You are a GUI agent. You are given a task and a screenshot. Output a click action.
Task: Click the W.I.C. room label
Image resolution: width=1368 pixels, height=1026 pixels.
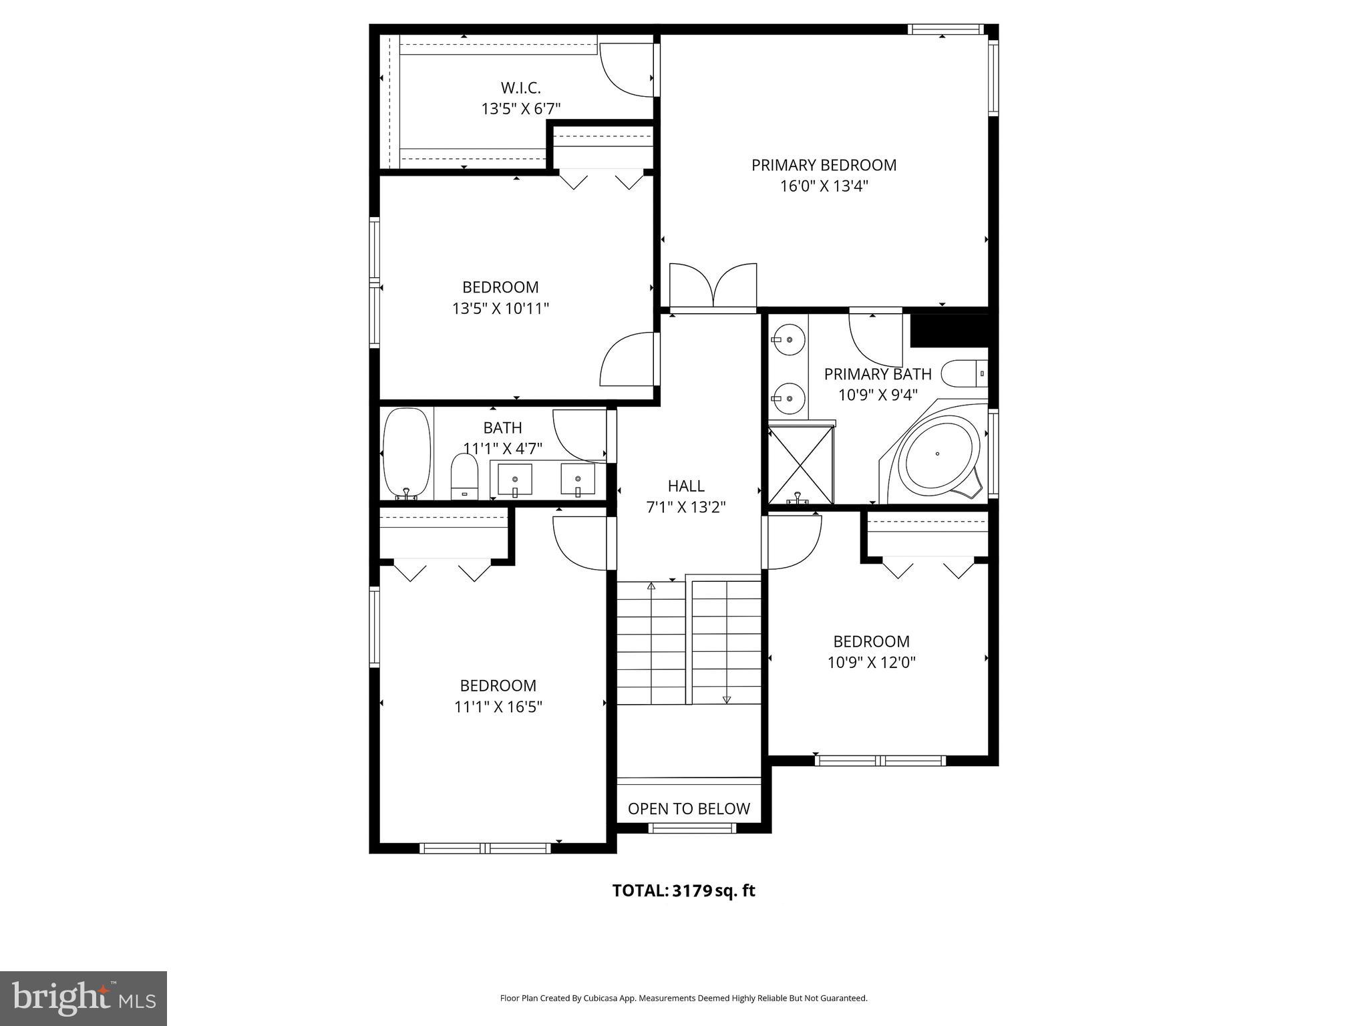click(520, 88)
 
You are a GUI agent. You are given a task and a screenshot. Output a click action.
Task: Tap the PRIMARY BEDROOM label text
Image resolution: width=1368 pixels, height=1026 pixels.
click(824, 165)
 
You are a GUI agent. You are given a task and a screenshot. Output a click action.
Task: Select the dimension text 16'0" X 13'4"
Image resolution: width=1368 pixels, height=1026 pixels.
click(824, 186)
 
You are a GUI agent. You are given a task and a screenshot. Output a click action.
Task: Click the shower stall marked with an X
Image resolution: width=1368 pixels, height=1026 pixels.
click(801, 466)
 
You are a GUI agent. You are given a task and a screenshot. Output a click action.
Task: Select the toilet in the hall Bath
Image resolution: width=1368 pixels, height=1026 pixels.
click(464, 476)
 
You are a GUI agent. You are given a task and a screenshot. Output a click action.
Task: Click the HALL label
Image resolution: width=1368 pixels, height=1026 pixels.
click(686, 486)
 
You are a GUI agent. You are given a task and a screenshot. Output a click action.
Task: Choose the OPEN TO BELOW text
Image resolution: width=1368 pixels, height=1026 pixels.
click(689, 809)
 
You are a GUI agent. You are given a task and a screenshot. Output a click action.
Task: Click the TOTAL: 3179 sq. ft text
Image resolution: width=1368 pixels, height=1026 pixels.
click(683, 890)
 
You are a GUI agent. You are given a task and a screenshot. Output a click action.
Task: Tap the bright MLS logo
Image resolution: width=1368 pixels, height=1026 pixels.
click(83, 998)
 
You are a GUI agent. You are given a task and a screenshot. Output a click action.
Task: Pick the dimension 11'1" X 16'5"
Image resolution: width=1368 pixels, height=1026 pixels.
click(498, 707)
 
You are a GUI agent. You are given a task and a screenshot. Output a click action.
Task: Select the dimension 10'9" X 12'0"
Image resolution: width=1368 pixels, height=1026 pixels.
click(871, 663)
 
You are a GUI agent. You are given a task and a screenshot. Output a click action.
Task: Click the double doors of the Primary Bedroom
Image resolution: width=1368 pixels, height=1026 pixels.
click(713, 286)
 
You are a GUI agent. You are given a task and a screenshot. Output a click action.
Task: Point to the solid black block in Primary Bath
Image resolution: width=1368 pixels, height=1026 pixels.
click(949, 331)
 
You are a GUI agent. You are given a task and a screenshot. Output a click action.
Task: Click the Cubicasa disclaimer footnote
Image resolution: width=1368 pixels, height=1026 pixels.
click(683, 999)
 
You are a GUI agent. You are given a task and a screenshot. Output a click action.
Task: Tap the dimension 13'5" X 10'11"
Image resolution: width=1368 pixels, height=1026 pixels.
click(500, 309)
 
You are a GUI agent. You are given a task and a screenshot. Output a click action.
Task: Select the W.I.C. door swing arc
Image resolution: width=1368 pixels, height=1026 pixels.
click(625, 70)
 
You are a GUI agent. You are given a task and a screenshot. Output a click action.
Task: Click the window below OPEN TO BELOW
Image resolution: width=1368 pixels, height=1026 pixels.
click(692, 828)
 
